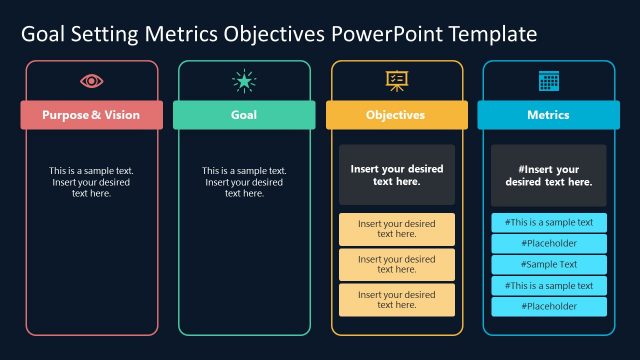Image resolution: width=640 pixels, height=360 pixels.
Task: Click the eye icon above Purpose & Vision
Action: click(x=91, y=81)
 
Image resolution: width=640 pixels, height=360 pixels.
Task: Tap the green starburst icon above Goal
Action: click(x=244, y=81)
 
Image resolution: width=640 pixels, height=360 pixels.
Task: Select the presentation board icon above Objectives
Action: click(x=396, y=81)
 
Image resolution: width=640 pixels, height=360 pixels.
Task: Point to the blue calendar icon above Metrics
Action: click(x=548, y=81)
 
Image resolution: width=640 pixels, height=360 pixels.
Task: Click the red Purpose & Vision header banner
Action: click(x=91, y=115)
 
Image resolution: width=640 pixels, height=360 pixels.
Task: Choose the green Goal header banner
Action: click(x=244, y=115)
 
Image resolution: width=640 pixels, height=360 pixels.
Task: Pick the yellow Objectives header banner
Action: click(x=396, y=115)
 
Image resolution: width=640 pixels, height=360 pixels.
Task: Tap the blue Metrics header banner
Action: click(x=548, y=115)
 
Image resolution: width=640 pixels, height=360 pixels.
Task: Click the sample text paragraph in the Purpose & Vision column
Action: click(x=91, y=182)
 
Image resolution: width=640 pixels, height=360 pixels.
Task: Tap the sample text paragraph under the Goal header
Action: click(x=244, y=182)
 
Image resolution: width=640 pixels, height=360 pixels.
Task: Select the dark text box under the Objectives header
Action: click(x=396, y=175)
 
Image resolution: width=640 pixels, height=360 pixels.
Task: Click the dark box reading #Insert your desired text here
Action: click(x=548, y=175)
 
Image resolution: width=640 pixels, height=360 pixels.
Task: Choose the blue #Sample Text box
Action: click(x=548, y=265)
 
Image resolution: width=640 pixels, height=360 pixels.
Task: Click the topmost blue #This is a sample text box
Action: click(x=548, y=223)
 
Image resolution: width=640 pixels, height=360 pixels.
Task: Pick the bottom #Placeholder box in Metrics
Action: click(x=548, y=306)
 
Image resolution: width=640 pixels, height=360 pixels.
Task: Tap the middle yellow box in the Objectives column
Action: click(x=396, y=265)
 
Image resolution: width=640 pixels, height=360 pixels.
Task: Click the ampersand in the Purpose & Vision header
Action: click(x=96, y=115)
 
